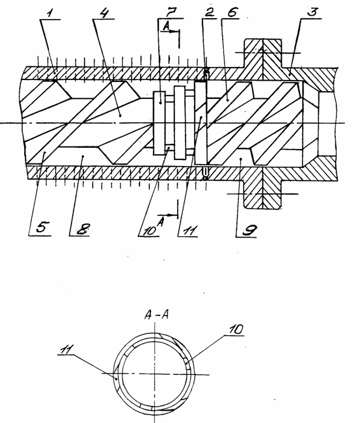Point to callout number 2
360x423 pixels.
tap(209, 12)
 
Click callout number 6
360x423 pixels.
tap(232, 12)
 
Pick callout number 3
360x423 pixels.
tap(312, 12)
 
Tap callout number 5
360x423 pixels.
tap(41, 228)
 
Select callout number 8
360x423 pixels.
tap(82, 229)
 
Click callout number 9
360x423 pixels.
tap(249, 230)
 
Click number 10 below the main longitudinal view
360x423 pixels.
tap(150, 230)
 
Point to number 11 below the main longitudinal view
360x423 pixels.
tap(189, 231)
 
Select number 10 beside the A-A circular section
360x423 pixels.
tap(236, 329)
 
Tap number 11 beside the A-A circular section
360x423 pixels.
tap(66, 349)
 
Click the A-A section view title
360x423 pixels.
tap(156, 315)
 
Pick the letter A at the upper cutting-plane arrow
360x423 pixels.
tap(166, 27)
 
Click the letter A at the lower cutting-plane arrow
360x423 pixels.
tap(161, 222)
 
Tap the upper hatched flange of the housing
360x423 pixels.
tap(263, 53)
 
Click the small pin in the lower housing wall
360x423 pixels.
tap(205, 174)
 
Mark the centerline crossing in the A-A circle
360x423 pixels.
tap(155, 374)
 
